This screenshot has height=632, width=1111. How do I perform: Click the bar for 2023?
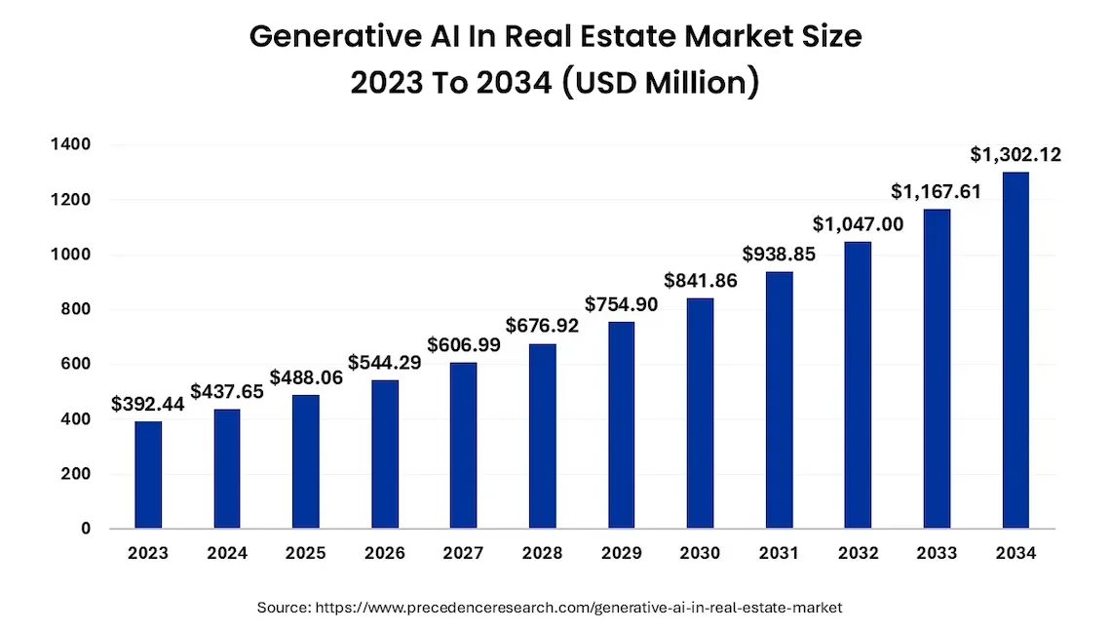click(x=148, y=475)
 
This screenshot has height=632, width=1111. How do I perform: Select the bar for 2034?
click(x=1015, y=351)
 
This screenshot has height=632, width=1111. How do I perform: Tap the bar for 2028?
click(x=543, y=436)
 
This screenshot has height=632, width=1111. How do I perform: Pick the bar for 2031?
click(x=779, y=400)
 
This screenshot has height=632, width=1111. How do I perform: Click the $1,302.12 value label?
click(x=1015, y=154)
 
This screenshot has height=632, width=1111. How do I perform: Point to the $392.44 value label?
click(x=148, y=404)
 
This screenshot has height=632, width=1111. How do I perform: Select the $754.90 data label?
click(x=622, y=304)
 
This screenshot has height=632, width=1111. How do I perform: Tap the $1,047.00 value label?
click(x=858, y=223)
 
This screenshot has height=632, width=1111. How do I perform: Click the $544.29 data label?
click(x=385, y=362)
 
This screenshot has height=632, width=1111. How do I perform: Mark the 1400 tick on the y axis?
click(x=70, y=145)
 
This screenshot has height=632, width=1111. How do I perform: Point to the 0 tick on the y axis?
click(x=86, y=530)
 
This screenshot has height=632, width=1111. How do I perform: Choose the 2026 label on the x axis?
click(x=385, y=554)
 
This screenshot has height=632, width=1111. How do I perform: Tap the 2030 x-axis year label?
click(x=700, y=554)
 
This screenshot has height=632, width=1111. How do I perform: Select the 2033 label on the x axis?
click(x=937, y=554)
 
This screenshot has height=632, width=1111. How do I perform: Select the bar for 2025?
click(x=306, y=461)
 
